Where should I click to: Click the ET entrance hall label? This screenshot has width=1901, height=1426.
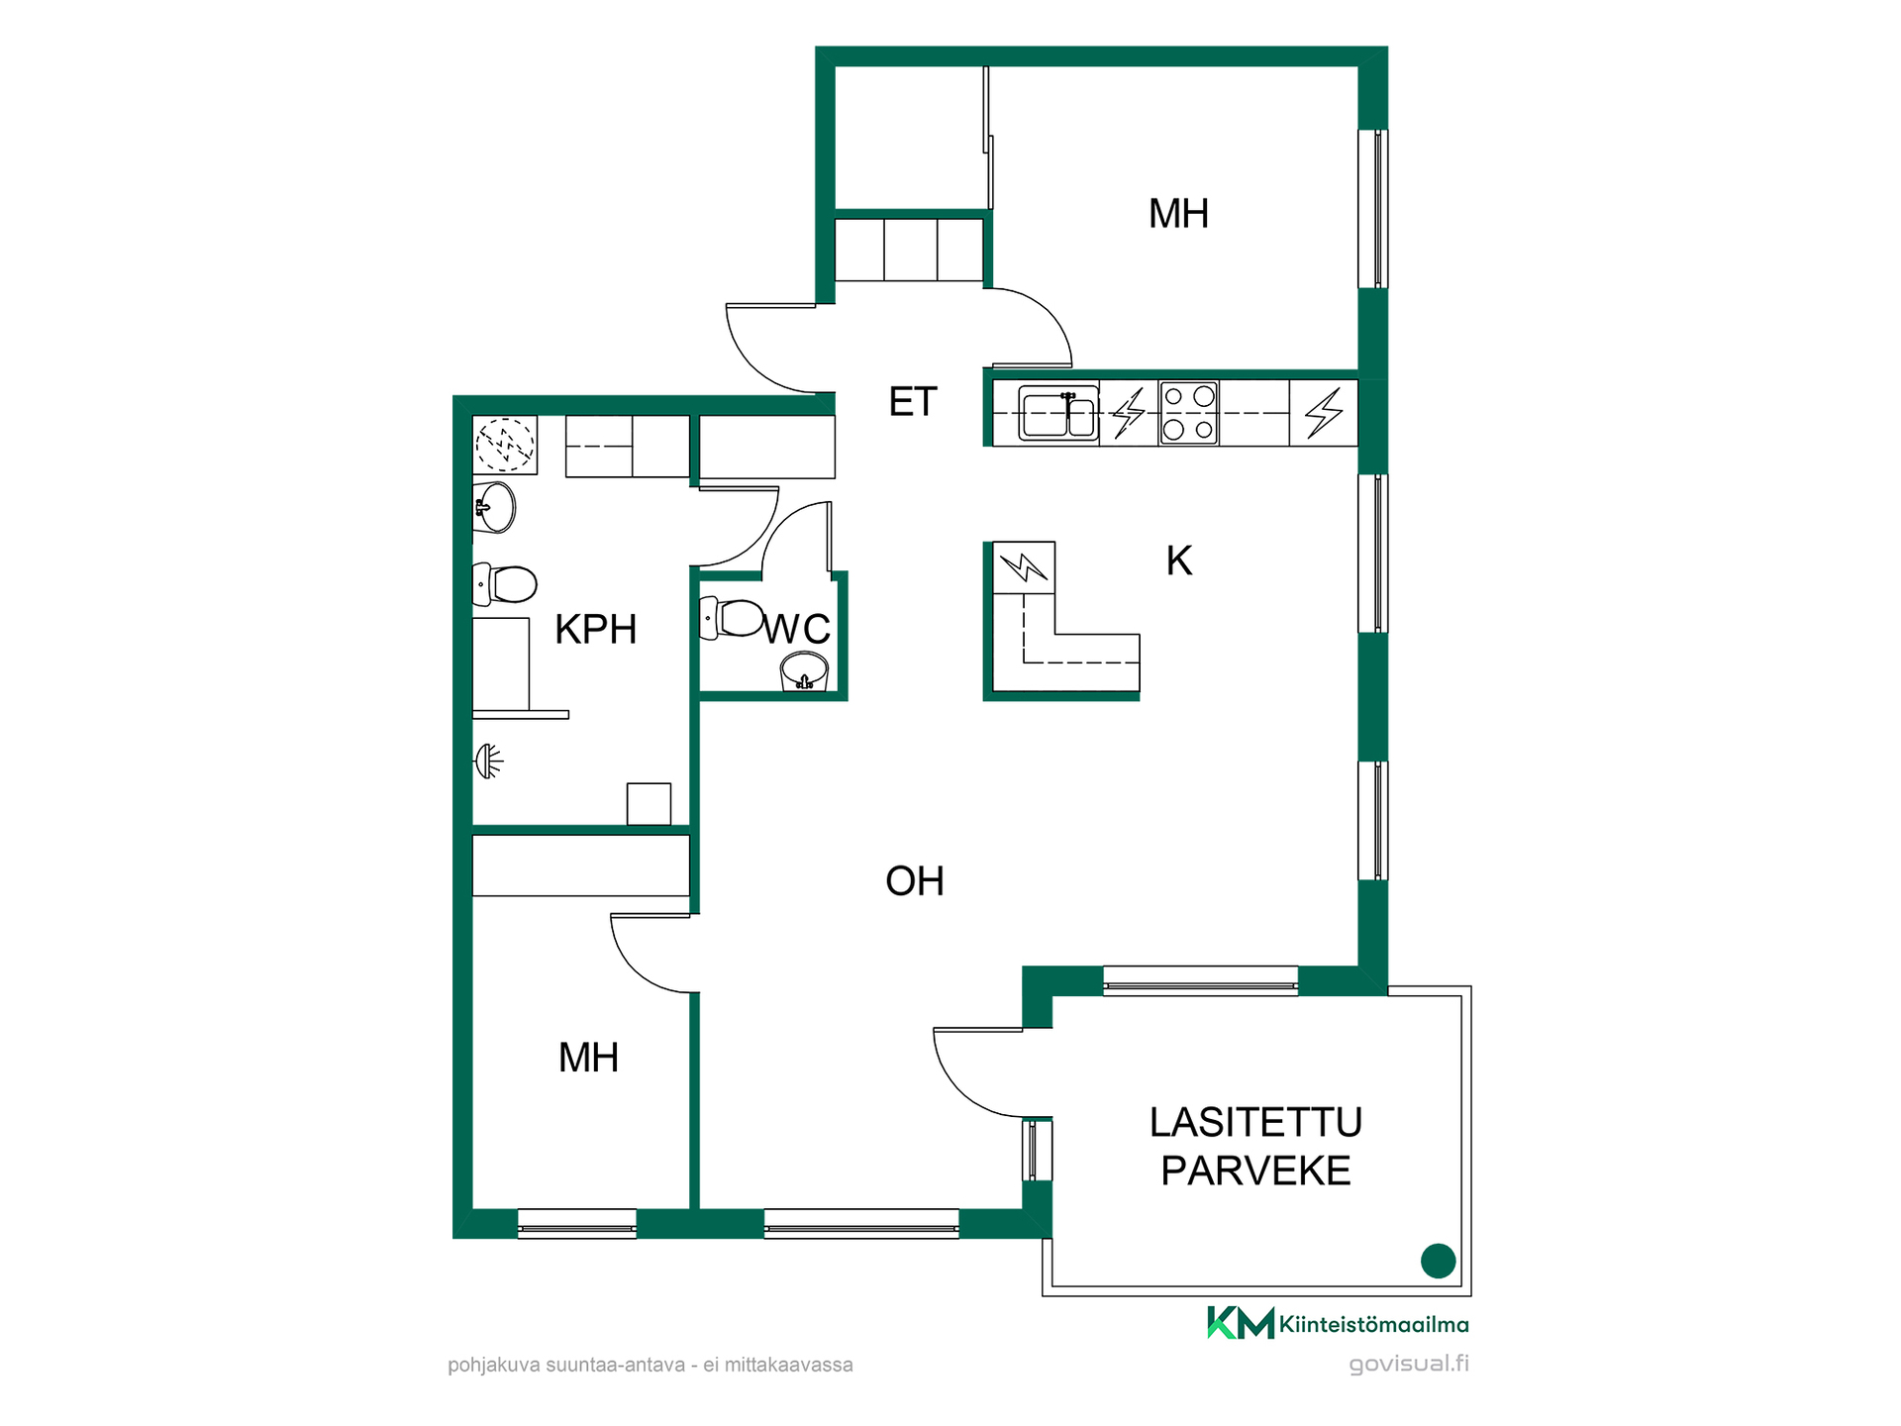click(912, 402)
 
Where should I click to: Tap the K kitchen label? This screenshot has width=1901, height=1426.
click(1178, 560)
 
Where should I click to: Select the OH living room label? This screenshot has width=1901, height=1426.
click(914, 881)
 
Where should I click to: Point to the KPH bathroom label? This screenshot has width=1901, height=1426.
click(595, 630)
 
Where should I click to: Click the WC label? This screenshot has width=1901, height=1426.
click(797, 629)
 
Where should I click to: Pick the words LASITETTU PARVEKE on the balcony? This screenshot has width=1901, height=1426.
click(1255, 1147)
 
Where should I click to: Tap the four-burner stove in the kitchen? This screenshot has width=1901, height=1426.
click(1188, 413)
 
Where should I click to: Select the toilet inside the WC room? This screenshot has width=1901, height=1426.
click(731, 619)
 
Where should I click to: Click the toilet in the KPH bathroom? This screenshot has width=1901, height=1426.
click(504, 584)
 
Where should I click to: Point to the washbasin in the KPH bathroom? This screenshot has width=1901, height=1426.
click(494, 508)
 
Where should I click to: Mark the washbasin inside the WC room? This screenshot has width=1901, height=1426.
click(804, 671)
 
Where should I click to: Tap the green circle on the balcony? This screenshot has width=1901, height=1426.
click(1438, 1261)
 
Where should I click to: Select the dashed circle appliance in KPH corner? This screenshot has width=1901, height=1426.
click(505, 445)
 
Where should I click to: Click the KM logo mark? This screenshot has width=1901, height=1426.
click(1240, 1323)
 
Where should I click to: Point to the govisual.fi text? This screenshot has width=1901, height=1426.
click(1409, 1364)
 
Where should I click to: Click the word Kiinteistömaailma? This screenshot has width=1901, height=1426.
click(1374, 1324)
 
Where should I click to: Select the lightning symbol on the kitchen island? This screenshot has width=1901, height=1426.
click(1024, 567)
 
